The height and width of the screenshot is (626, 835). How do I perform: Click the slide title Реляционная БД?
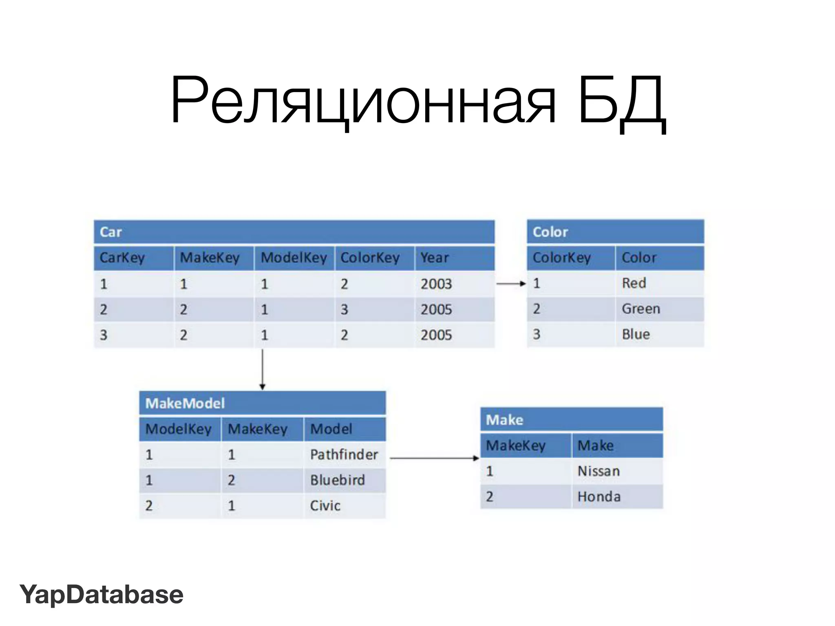point(417,101)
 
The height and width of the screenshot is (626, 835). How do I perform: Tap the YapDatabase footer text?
point(102,594)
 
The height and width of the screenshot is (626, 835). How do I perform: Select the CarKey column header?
point(122,258)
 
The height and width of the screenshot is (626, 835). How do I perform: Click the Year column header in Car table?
point(435,258)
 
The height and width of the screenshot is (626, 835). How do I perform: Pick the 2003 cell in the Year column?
point(436,284)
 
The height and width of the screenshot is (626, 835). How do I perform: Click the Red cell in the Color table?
point(634,283)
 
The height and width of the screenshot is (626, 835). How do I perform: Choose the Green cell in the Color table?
point(641,309)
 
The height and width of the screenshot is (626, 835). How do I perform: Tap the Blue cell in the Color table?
point(636,334)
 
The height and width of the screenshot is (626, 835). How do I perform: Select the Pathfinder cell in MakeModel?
point(344,454)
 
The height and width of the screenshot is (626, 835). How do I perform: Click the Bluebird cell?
point(337,480)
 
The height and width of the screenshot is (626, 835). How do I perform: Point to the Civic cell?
point(325,506)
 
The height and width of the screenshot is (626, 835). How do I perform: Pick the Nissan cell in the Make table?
point(599,471)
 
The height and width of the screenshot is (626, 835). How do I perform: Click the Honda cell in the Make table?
point(599,497)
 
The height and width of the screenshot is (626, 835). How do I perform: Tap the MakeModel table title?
point(185,403)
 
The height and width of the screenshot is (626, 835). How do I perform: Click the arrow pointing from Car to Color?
point(511,283)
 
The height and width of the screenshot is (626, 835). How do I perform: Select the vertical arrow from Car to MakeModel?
point(263,369)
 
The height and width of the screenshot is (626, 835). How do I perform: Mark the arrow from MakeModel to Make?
point(434,458)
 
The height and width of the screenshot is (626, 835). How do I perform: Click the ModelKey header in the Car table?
point(294,258)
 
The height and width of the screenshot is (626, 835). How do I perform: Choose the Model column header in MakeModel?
point(331,429)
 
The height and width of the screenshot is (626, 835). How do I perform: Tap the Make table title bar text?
point(504,420)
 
